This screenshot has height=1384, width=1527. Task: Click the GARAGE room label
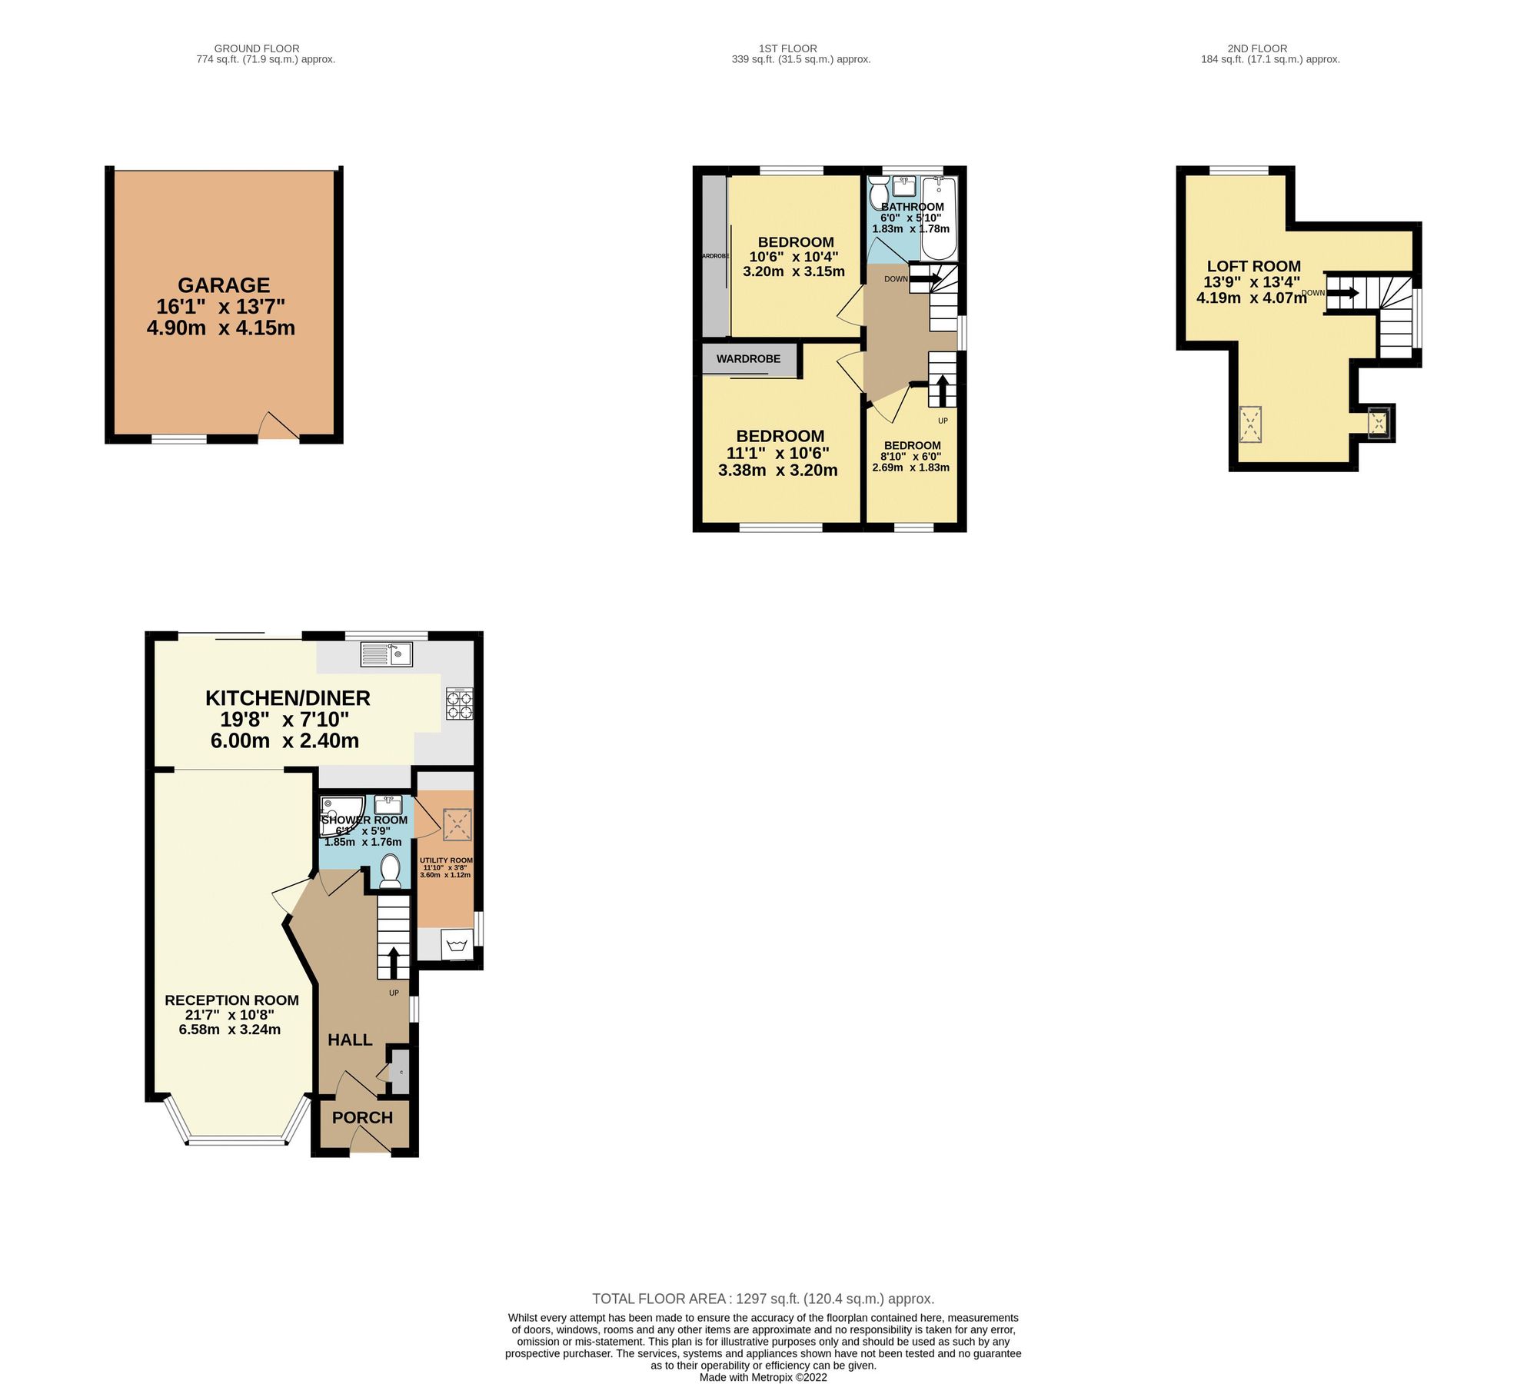tap(224, 285)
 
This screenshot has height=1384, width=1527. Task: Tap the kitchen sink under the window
tap(388, 654)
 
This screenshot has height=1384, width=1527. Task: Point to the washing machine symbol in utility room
tap(457, 943)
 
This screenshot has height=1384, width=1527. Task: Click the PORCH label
tap(362, 1117)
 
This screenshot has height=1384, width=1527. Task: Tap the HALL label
tap(350, 1040)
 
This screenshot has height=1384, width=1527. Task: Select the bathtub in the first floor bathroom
tap(939, 219)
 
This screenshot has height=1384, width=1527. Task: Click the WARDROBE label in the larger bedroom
tap(748, 359)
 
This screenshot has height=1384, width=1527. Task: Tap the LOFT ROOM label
tap(1253, 266)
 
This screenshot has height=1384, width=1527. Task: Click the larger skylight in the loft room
tap(1251, 424)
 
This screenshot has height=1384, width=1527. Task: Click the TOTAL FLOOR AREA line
tap(763, 1299)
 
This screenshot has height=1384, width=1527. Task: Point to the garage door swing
tap(277, 427)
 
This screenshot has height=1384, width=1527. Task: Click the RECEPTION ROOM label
tap(231, 1000)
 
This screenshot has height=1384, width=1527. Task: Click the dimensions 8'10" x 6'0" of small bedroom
tap(911, 457)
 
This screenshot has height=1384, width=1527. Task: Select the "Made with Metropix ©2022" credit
tap(763, 1377)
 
